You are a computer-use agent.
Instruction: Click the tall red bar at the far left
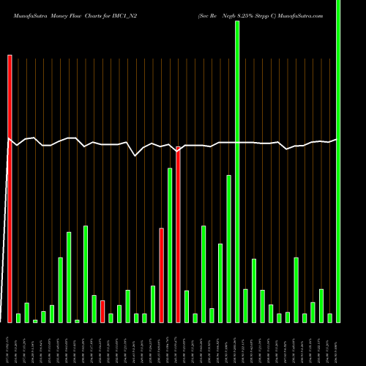tap(10, 188)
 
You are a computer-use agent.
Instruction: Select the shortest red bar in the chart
tap(102, 311)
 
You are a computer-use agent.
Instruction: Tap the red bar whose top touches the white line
tap(178, 234)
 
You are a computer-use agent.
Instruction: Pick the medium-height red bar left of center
tap(161, 274)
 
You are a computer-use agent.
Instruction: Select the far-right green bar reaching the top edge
tap(338, 161)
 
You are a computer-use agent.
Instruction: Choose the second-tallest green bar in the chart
tap(237, 171)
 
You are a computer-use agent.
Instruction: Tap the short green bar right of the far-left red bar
tap(18, 318)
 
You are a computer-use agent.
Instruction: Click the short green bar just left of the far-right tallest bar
tap(330, 318)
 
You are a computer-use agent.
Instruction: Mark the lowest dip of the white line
tap(135, 155)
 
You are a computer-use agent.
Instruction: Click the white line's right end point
tap(337, 139)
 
